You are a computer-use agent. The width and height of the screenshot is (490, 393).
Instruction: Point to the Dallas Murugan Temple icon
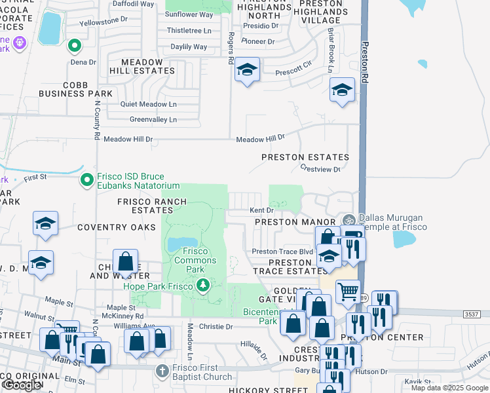pos(348,221)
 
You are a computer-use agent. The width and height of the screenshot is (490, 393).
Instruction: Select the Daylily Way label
pos(189,47)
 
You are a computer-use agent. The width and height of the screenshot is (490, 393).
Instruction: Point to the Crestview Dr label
pos(320,170)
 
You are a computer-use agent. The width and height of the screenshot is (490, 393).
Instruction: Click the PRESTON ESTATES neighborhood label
pos(305,157)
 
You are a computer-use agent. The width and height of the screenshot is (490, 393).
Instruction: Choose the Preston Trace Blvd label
pos(283,252)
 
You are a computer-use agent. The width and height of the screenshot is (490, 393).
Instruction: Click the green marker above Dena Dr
pos(75,47)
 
